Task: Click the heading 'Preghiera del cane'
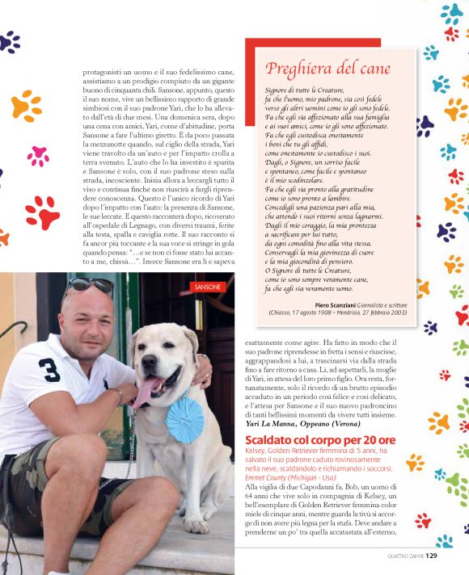tap(327, 68)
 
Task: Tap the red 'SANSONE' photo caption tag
tap(208, 287)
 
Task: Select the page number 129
tap(431, 555)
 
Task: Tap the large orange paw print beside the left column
tap(27, 105)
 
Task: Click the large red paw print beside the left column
tap(42, 212)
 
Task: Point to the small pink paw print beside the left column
tap(38, 155)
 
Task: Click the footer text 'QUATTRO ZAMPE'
tap(405, 556)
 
